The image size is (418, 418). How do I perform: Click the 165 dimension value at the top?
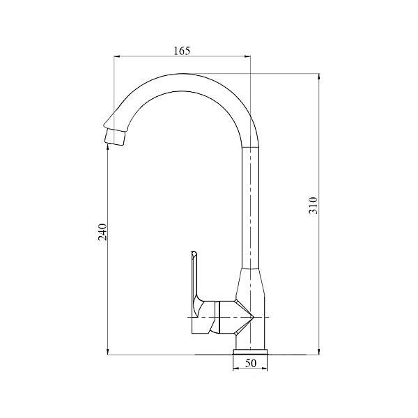(x=181, y=50)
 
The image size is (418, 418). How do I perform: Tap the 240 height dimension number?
(x=102, y=232)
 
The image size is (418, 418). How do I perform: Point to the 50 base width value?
(x=251, y=363)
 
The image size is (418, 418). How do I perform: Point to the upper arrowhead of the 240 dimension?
(x=107, y=151)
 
